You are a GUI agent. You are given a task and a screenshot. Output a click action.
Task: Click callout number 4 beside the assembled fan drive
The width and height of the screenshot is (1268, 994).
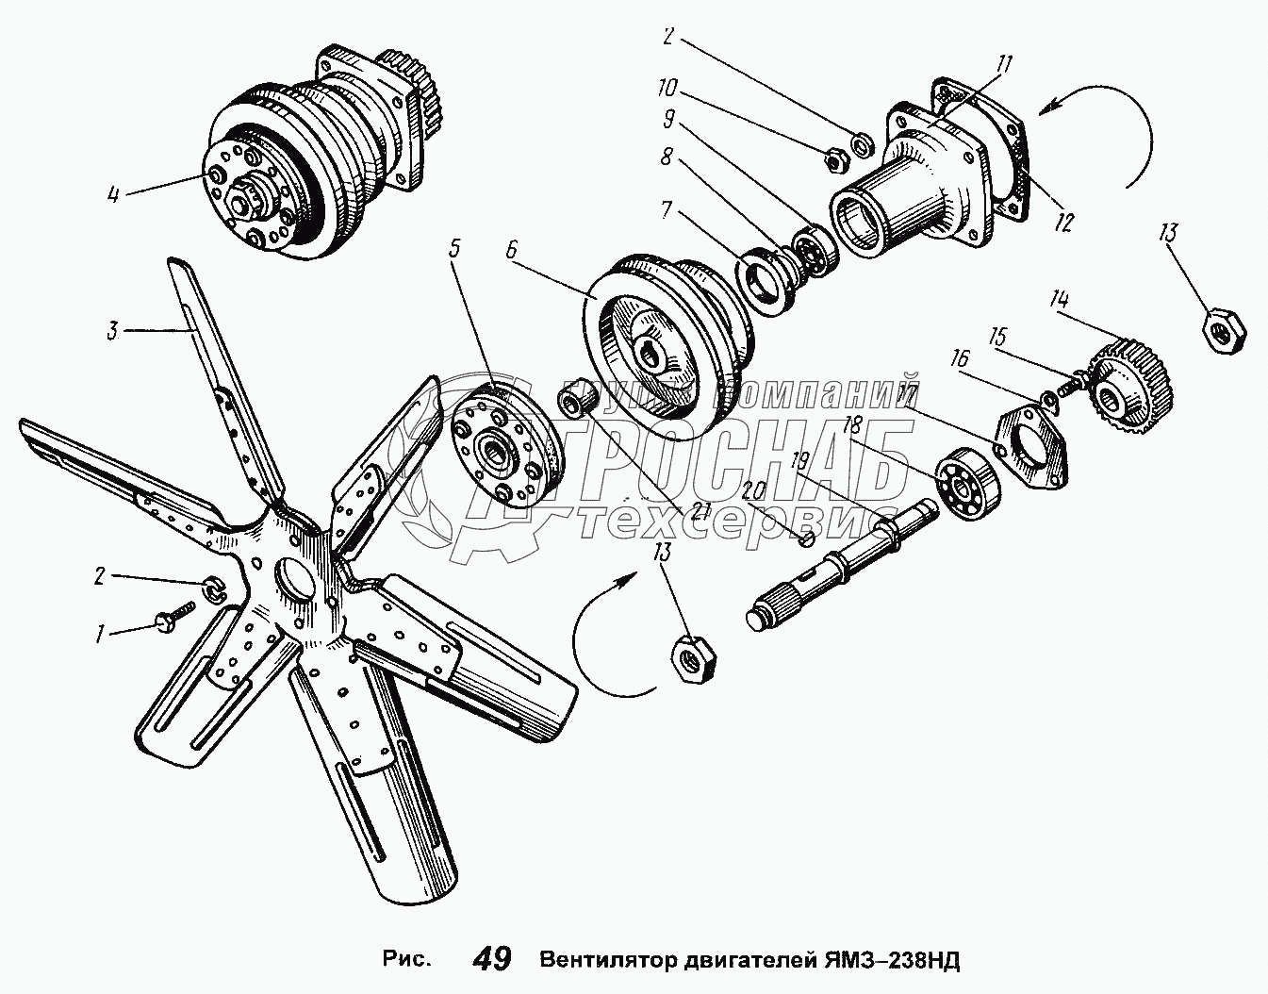pos(113,196)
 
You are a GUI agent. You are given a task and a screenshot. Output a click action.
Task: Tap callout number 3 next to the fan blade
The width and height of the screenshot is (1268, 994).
pos(111,332)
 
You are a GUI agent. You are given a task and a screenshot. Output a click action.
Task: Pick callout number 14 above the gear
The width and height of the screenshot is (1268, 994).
pos(1061,300)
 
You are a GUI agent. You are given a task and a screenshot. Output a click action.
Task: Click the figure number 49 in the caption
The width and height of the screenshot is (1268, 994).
pos(492,959)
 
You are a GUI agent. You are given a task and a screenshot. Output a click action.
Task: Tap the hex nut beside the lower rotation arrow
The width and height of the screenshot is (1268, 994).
pos(693,657)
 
